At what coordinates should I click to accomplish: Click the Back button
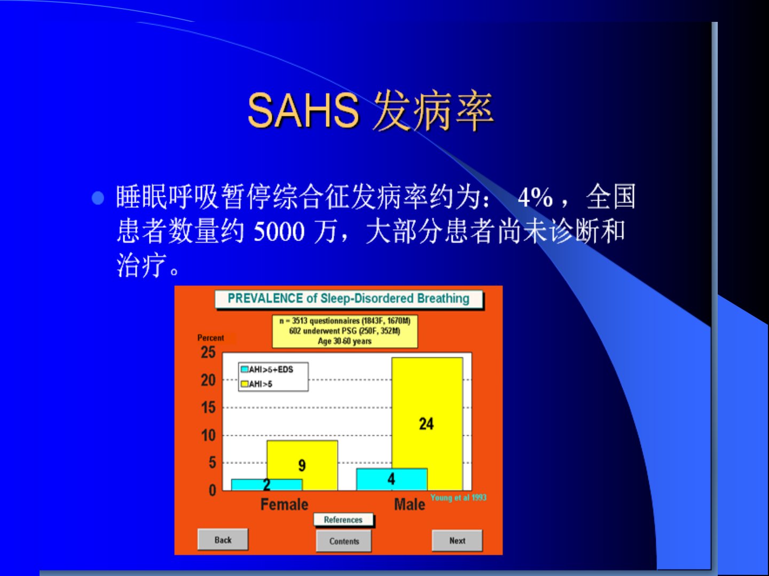[x=223, y=540]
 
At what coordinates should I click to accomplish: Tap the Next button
[x=457, y=540]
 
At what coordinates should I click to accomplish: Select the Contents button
[x=344, y=541]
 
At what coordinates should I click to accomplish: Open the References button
[x=343, y=519]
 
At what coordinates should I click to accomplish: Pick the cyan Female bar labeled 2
[x=266, y=485]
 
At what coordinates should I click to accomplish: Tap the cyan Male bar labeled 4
[x=391, y=479]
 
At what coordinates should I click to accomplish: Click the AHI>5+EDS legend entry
[x=268, y=369]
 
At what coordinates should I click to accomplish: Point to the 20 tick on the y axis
[x=208, y=380]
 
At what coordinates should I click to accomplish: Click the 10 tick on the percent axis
[x=208, y=435]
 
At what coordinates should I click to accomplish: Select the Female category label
[x=285, y=505]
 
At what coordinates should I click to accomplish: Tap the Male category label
[x=410, y=505]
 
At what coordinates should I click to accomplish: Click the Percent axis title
[x=210, y=338]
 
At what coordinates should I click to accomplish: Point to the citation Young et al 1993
[x=458, y=497]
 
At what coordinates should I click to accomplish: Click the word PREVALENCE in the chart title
[x=265, y=298]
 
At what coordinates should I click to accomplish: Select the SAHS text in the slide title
[x=303, y=111]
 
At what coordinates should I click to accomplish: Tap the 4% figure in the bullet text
[x=535, y=197]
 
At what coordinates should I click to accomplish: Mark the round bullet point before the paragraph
[x=98, y=198]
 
